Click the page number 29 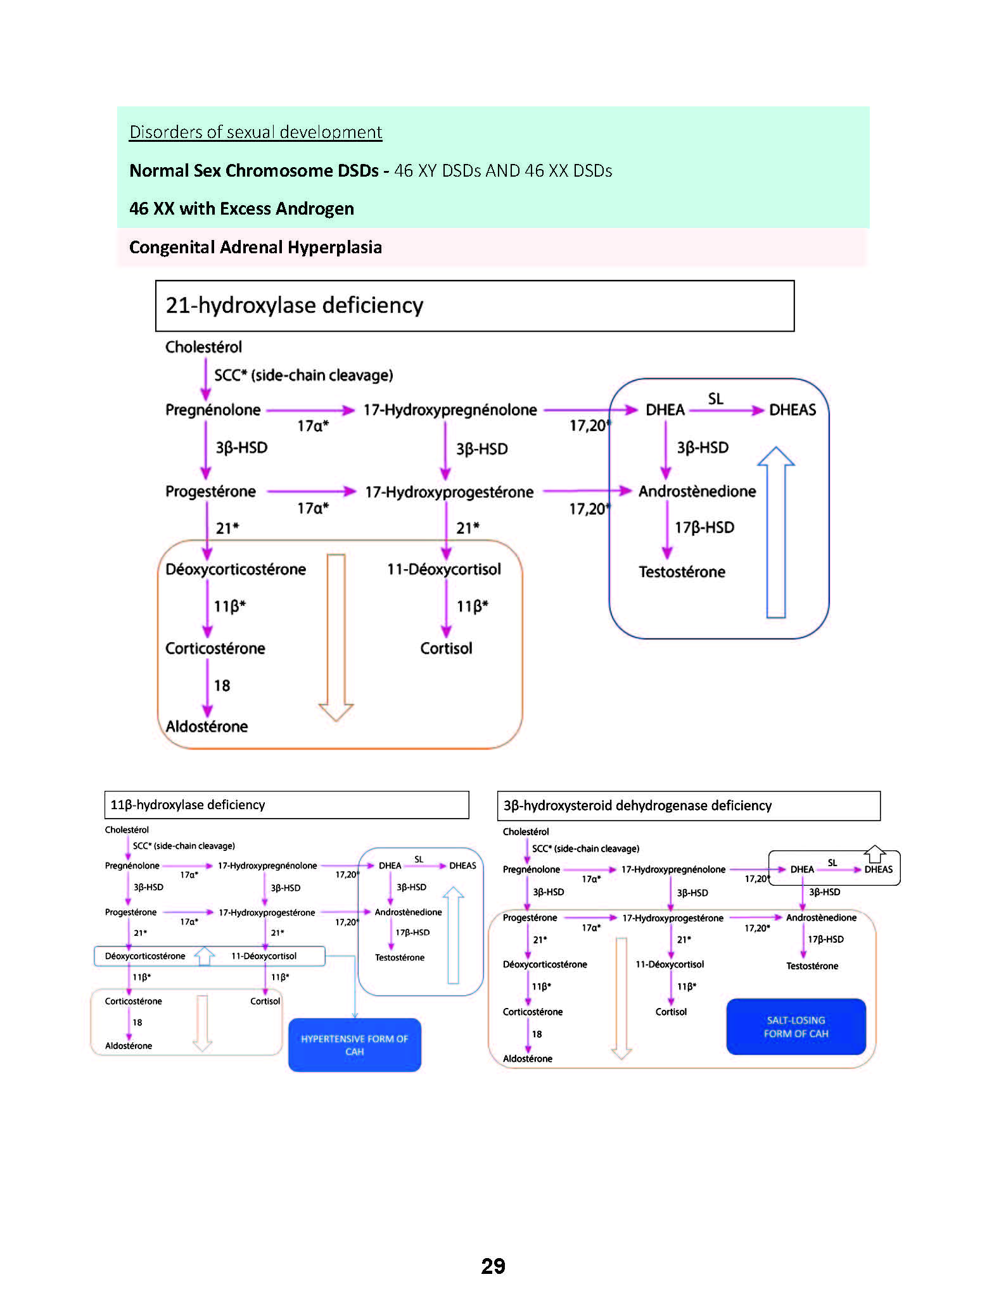(493, 1266)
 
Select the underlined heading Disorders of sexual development (255, 132)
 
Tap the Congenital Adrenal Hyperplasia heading (255, 247)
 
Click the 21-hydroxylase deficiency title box (474, 305)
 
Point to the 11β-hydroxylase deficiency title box (286, 805)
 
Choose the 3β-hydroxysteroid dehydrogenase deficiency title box (689, 805)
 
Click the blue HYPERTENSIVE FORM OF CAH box (355, 1045)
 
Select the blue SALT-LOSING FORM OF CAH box (796, 1027)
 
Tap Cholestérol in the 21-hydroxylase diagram (203, 347)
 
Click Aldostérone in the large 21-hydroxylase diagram (207, 726)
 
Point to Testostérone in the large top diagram (682, 572)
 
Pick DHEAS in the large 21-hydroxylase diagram (792, 410)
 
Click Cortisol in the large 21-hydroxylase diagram (446, 648)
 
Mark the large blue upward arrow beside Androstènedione (776, 532)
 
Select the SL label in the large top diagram (715, 399)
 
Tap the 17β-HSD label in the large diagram (704, 527)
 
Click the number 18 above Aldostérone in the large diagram (222, 686)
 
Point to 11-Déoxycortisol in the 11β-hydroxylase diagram (264, 956)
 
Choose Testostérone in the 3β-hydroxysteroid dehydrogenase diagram (812, 966)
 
